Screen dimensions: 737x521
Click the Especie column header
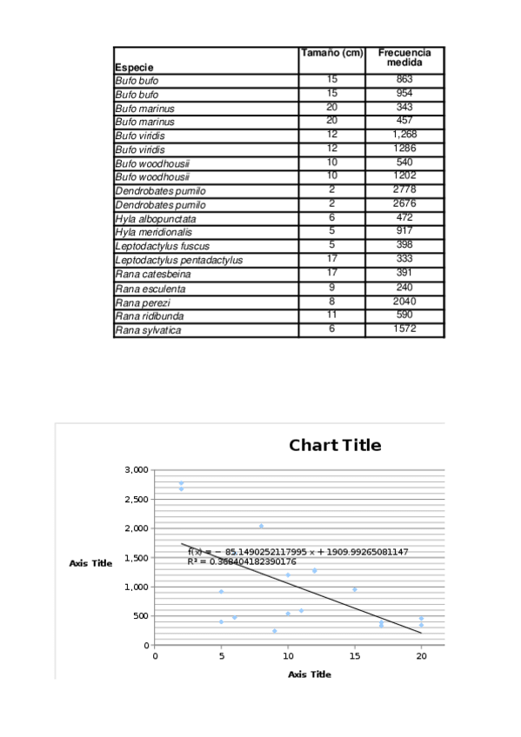(x=135, y=67)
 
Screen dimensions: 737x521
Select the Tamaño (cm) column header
(x=331, y=53)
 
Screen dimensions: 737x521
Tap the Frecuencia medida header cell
(x=404, y=58)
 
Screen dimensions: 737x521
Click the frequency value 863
(x=404, y=80)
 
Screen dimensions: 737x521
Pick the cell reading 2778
(x=404, y=190)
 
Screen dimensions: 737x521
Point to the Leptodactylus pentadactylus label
(x=179, y=260)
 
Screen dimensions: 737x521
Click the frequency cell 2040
(x=404, y=302)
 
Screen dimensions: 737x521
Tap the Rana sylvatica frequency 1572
(x=404, y=329)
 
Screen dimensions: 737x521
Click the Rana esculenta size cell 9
(x=331, y=288)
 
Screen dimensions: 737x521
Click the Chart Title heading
(x=335, y=446)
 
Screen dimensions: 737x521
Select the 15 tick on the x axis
(x=354, y=657)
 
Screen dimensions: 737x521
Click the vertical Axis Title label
(x=90, y=563)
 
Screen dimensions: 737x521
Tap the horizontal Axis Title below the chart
(x=310, y=674)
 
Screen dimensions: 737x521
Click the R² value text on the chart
(x=242, y=561)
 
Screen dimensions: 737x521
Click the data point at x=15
(x=354, y=590)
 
